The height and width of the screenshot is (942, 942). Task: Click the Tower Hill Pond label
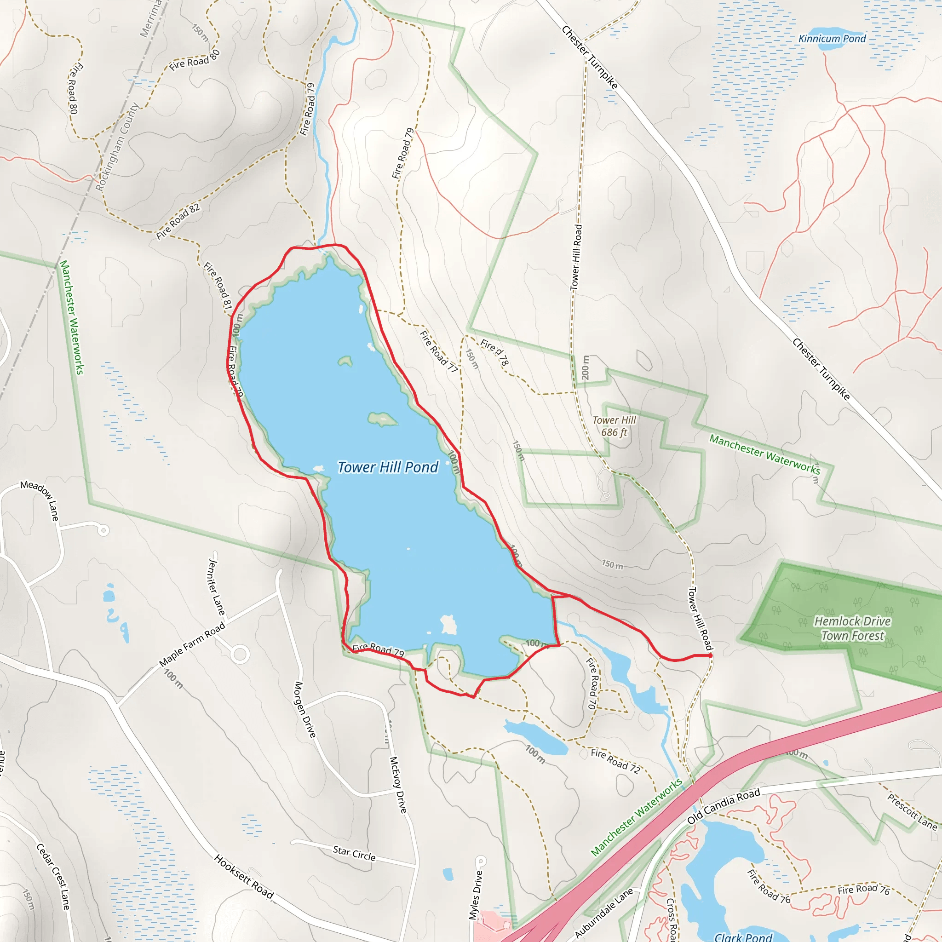tap(388, 467)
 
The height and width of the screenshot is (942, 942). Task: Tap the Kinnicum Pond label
tap(832, 39)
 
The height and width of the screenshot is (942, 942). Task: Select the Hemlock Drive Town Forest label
tap(852, 628)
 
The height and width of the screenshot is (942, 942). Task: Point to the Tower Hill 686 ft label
tap(614, 426)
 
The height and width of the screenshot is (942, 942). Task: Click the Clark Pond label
tap(743, 936)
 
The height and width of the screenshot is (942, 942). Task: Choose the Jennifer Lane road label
tap(217, 587)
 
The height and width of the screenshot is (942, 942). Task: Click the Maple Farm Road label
tap(192, 644)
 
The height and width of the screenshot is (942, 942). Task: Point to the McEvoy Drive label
tap(398, 785)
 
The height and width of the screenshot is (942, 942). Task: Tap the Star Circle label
tap(354, 853)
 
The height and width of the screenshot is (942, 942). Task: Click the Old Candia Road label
tap(724, 806)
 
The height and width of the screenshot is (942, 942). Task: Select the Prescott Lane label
tap(912, 812)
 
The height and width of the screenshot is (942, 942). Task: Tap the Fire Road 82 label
tap(178, 221)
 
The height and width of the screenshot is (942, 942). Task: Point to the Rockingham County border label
tap(117, 146)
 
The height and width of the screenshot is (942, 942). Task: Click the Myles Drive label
tap(476, 895)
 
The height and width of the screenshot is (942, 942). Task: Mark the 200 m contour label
tap(586, 368)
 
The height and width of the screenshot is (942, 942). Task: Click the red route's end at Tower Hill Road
tap(710, 656)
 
